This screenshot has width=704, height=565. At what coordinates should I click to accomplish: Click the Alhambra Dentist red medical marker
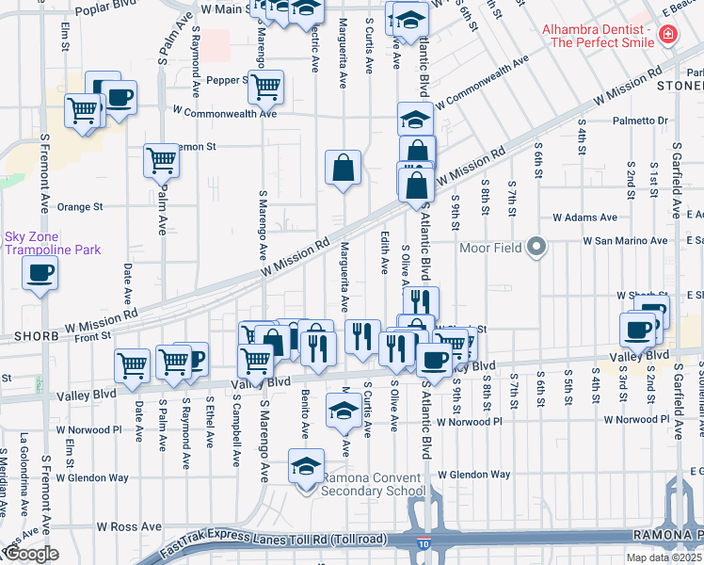coord(667,35)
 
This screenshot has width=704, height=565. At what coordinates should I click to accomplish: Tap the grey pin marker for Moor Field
coord(536,249)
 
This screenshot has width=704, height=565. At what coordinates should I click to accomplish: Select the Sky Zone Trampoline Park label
coord(52,243)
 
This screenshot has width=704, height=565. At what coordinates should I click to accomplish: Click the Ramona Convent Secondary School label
coord(374,484)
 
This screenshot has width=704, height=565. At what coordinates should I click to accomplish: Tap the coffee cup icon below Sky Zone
coord(40,274)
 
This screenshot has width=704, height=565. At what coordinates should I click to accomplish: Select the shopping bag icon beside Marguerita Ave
coord(344,169)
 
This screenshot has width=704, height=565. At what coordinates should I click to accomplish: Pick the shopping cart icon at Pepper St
coord(267,87)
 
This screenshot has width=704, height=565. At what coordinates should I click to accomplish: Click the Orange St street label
coord(79,207)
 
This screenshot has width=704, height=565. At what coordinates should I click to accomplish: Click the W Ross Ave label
coord(130,527)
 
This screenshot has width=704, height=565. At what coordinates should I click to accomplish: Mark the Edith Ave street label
coord(384,252)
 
